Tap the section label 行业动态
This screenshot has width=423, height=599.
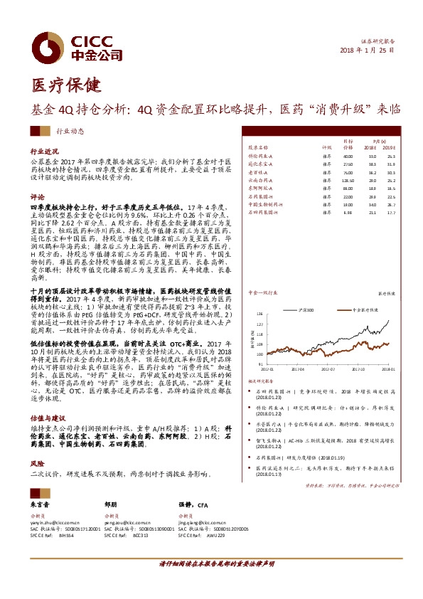point(70,131)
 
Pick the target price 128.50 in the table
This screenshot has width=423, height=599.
point(348,181)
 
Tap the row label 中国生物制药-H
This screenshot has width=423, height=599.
point(268,203)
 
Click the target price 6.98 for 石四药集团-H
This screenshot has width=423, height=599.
point(348,211)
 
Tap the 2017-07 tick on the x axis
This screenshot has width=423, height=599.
point(327,369)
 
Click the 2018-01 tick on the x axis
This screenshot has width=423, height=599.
point(387,369)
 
